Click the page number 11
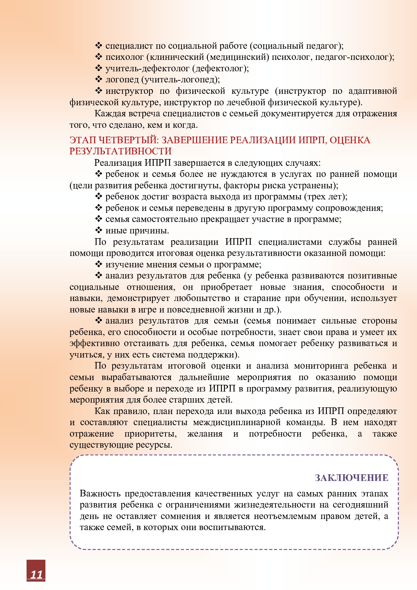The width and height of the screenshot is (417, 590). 36,574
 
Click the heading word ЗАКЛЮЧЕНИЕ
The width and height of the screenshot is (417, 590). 351,478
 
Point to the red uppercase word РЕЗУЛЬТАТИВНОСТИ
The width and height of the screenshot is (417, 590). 120,151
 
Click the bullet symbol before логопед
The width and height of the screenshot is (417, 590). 99,79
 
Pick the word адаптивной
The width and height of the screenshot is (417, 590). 373,91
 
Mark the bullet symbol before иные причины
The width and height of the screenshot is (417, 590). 99,230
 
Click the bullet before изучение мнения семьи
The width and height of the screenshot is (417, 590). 99,264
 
